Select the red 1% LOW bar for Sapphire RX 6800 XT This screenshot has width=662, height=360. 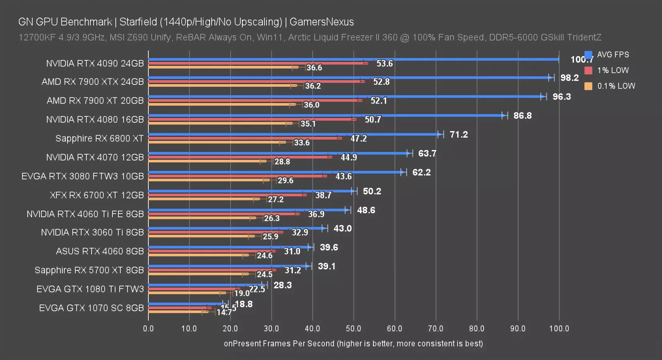(x=244, y=138)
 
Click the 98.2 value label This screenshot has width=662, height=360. (x=570, y=78)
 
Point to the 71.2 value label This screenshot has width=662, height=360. (x=458, y=134)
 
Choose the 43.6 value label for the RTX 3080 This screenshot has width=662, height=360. (x=344, y=176)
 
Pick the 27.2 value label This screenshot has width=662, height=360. (x=276, y=199)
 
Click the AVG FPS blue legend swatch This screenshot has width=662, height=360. (x=588, y=55)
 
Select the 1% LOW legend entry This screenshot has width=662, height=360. (x=613, y=70)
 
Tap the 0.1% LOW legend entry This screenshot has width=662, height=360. (x=616, y=86)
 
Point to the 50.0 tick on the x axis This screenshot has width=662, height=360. (x=354, y=328)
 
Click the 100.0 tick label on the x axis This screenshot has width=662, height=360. (x=559, y=328)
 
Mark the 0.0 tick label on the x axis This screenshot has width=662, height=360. (x=148, y=328)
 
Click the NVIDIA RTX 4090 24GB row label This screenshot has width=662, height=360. (x=95, y=64)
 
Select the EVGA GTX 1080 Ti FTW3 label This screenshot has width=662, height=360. (x=90, y=289)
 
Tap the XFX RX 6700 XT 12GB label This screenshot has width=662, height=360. (x=97, y=195)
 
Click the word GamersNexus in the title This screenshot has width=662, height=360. (x=322, y=22)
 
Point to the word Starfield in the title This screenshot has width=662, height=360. (x=138, y=22)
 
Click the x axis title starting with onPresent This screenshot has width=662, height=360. (x=353, y=344)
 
